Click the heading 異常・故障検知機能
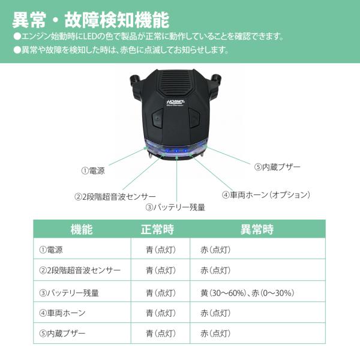click(x=91, y=20)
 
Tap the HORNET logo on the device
click(x=176, y=103)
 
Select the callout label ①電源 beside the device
click(x=93, y=170)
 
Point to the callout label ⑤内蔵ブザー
click(x=277, y=167)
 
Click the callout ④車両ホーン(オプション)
click(x=266, y=194)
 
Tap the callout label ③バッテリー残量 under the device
click(x=175, y=208)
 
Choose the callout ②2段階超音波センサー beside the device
click(x=115, y=197)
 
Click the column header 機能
click(x=82, y=229)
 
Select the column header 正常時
click(x=158, y=229)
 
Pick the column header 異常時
click(x=257, y=229)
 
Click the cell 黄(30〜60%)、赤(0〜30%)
click(x=247, y=293)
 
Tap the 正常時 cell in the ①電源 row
click(x=161, y=250)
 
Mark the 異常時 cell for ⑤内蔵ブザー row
click(x=215, y=334)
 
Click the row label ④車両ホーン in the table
click(x=62, y=313)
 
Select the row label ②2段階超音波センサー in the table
click(x=80, y=270)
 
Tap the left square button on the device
click(x=157, y=118)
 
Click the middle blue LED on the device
click(x=176, y=151)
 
